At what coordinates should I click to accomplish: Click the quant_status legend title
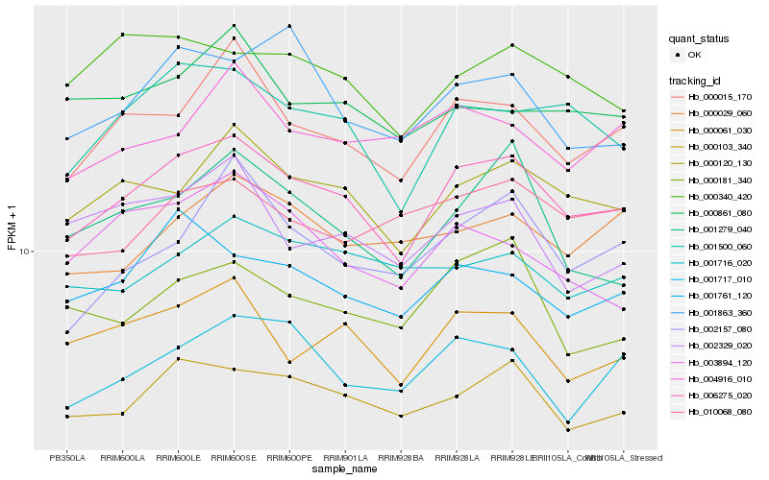tap(701, 38)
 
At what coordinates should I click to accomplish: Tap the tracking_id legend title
tap(696, 81)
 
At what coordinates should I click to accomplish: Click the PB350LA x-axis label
tap(66, 458)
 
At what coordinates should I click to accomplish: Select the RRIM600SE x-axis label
tap(234, 458)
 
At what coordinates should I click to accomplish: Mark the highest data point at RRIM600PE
tap(289, 26)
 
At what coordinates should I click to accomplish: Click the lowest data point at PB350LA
tap(66, 417)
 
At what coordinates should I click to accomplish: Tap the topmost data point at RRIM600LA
tap(122, 35)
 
